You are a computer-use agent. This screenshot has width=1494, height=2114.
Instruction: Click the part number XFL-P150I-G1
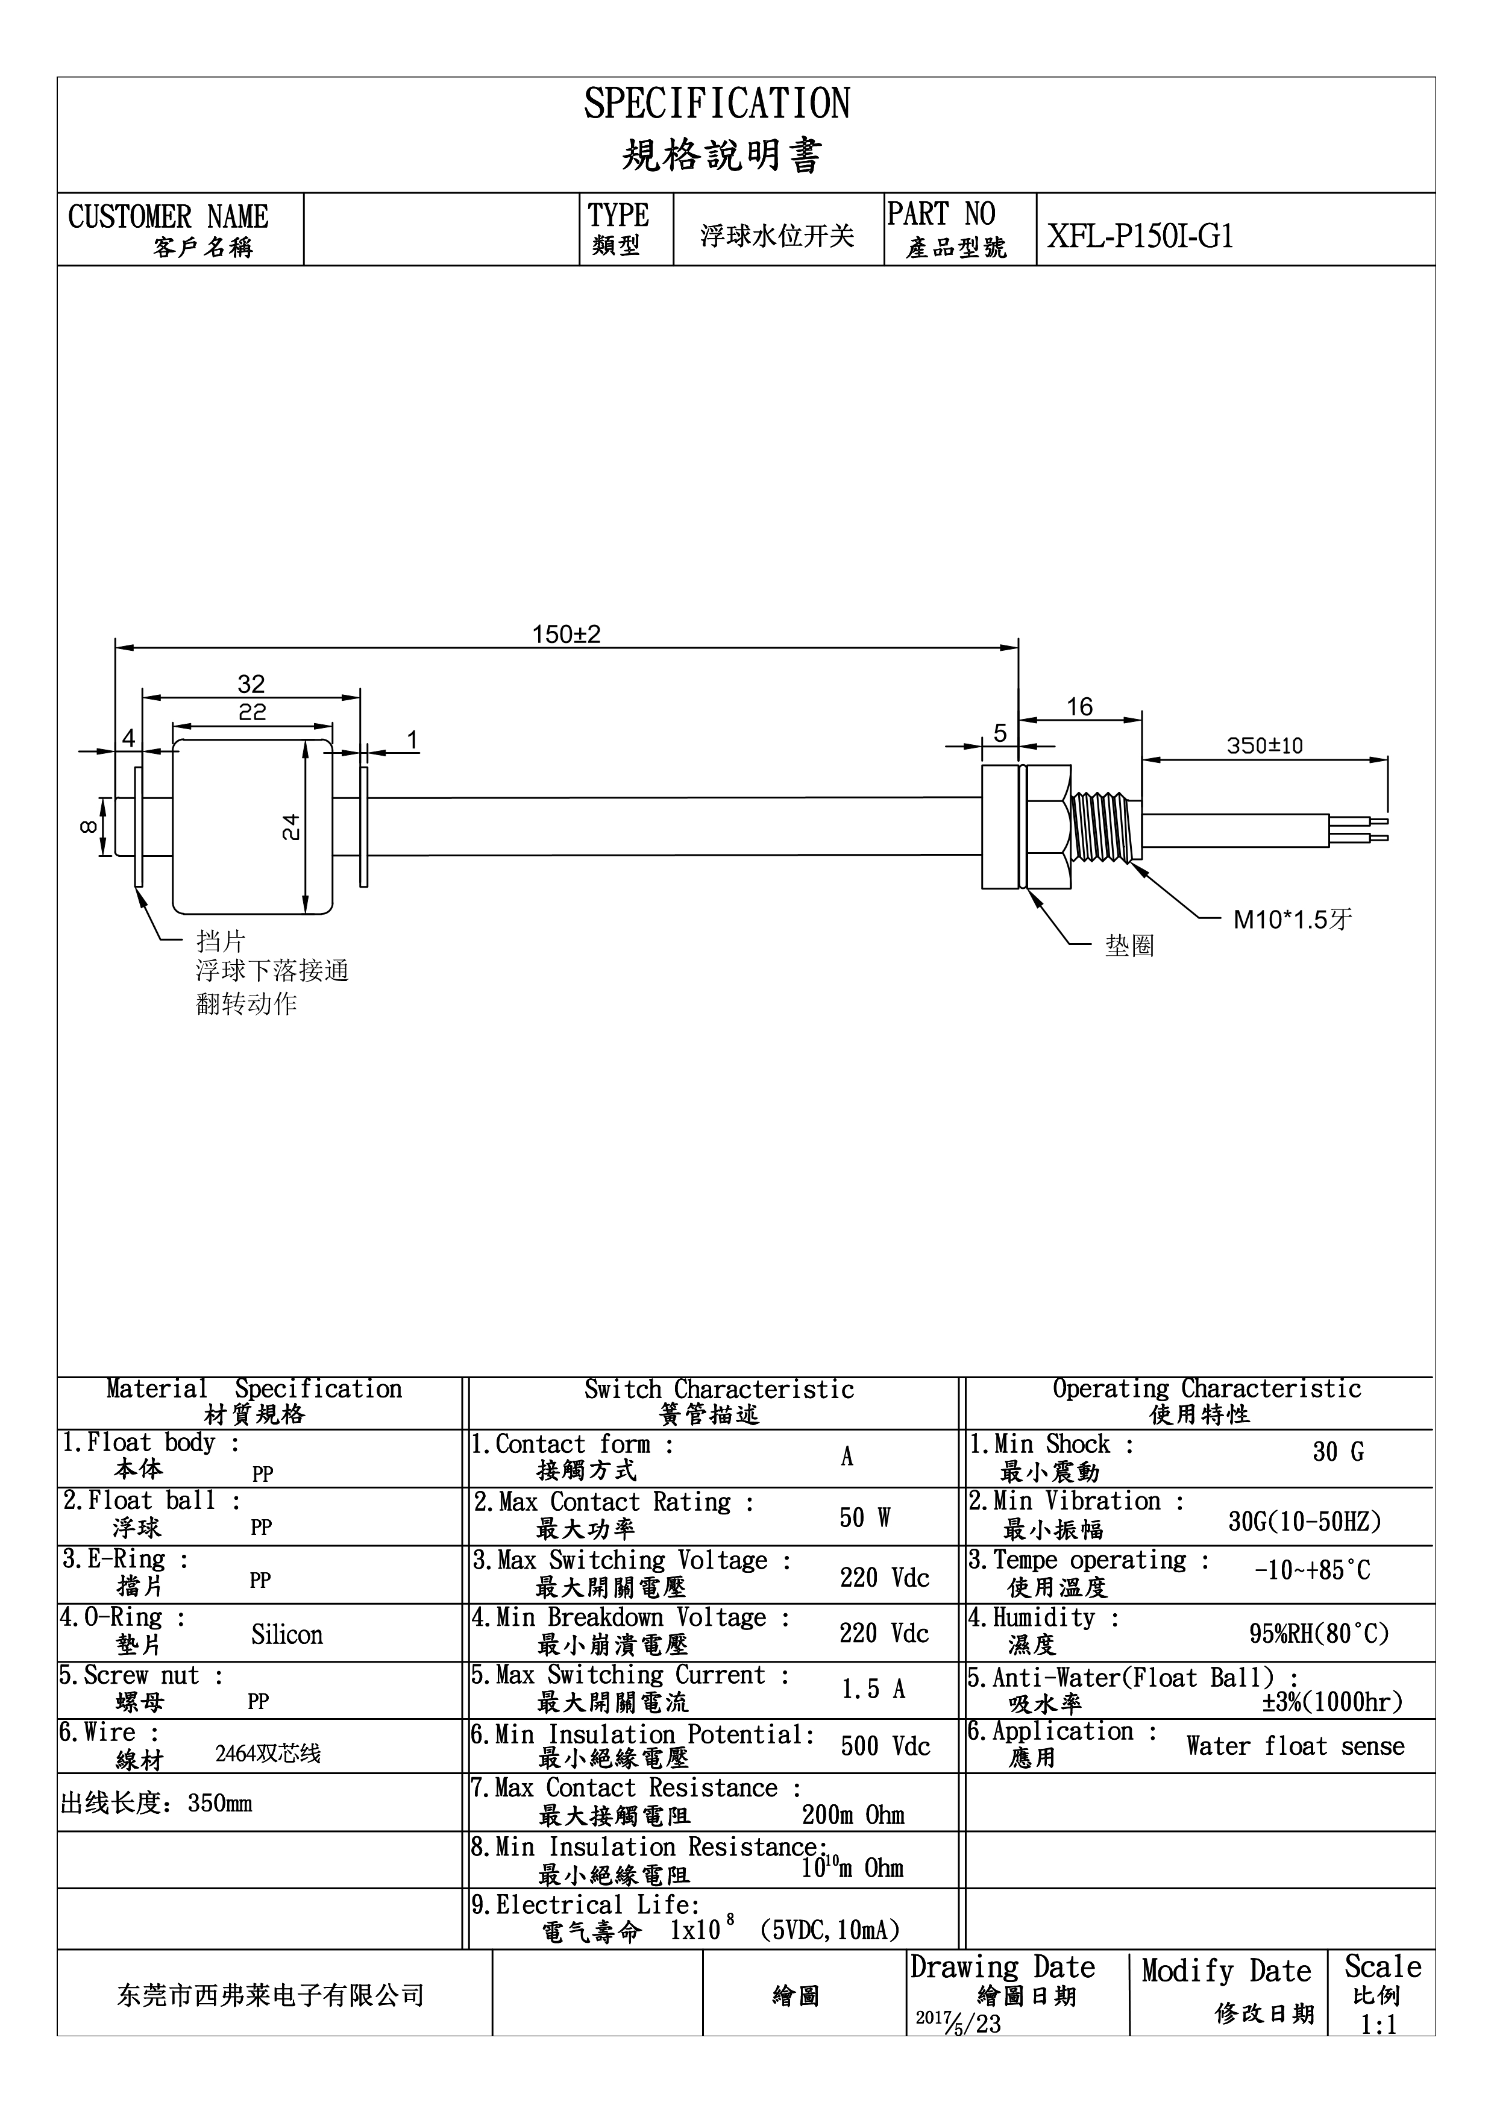(1140, 237)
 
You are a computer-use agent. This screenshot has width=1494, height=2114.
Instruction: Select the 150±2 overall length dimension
(566, 635)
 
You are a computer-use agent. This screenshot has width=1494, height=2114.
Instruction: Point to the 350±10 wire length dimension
(1265, 746)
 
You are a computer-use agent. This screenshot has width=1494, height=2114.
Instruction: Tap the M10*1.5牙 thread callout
(1292, 919)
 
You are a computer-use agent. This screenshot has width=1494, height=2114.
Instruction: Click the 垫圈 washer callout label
(1129, 946)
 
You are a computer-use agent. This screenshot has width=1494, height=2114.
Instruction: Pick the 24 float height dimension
(291, 827)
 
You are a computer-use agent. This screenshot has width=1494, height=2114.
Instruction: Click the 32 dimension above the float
(251, 684)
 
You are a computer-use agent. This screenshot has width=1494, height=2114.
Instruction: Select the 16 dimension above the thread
(1080, 707)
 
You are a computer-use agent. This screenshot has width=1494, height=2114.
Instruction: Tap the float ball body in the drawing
(253, 827)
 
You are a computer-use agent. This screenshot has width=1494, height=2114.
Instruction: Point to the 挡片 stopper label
(221, 941)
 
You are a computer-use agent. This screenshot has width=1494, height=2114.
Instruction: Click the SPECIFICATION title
(717, 104)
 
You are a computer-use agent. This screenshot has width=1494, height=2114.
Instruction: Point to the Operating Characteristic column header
(1207, 1388)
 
